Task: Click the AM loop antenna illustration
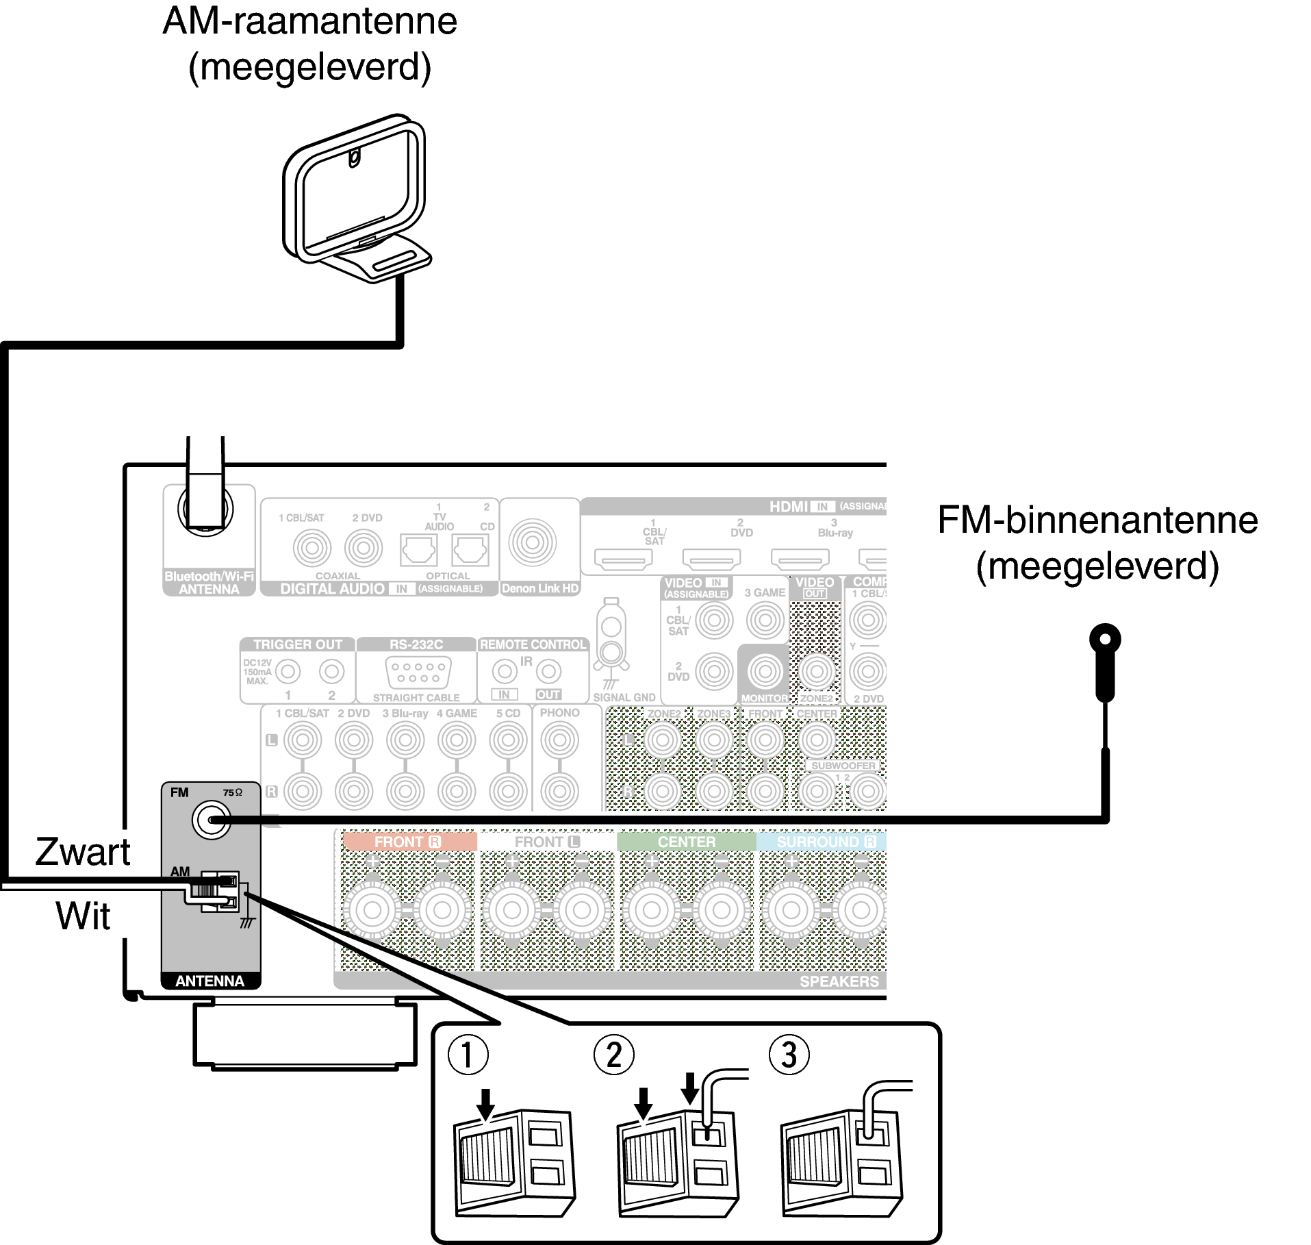pyautogui.click(x=356, y=199)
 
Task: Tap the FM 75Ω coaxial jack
pyautogui.click(x=212, y=820)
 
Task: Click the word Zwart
pyautogui.click(x=83, y=852)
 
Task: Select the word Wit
pyautogui.click(x=83, y=916)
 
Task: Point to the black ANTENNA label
pyautogui.click(x=210, y=981)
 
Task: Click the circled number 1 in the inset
pyautogui.click(x=468, y=1055)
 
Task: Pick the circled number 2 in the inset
pyautogui.click(x=614, y=1055)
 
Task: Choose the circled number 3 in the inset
pyautogui.click(x=789, y=1055)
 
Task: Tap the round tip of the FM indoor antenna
pyautogui.click(x=1105, y=640)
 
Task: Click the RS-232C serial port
pyautogui.click(x=418, y=672)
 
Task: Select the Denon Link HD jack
pyautogui.click(x=533, y=542)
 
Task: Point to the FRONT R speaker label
pyautogui.click(x=408, y=842)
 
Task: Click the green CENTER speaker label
pyautogui.click(x=687, y=842)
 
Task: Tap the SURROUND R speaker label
pyautogui.click(x=826, y=842)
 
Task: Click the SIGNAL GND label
pyautogui.click(x=624, y=697)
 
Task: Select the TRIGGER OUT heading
pyautogui.click(x=297, y=644)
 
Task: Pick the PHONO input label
pyautogui.click(x=560, y=713)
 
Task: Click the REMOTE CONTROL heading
pyautogui.click(x=533, y=644)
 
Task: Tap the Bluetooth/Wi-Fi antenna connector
pyautogui.click(x=205, y=510)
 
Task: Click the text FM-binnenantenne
pyautogui.click(x=1097, y=520)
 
